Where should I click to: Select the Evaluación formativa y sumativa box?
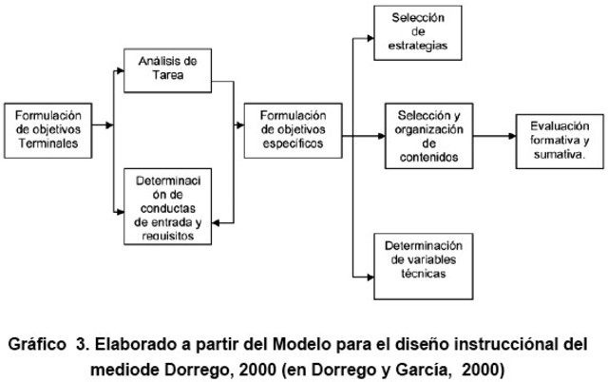[x=558, y=138]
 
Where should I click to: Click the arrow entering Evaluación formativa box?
[x=509, y=137]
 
